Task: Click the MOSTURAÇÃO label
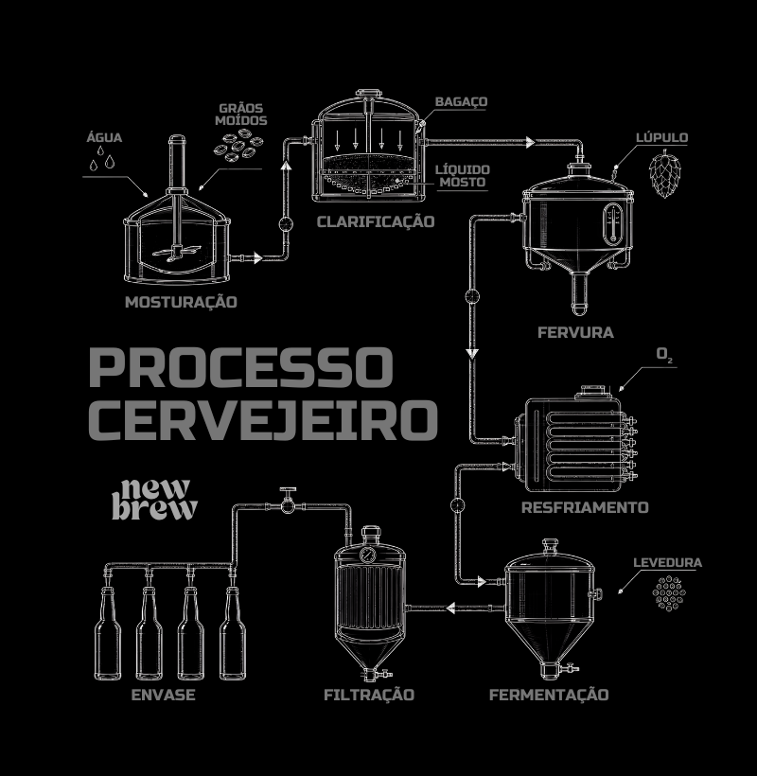[181, 303]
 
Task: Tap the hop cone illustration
[664, 173]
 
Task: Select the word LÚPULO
[662, 137]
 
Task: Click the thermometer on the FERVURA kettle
[613, 224]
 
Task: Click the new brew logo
[154, 500]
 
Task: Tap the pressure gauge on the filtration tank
[367, 555]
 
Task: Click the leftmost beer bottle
[108, 633]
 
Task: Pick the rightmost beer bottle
[233, 633]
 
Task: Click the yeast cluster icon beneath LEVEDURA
[669, 593]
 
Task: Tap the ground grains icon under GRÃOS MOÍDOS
[238, 145]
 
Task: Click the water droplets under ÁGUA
[102, 158]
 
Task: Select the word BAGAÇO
[461, 101]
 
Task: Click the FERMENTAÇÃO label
[549, 695]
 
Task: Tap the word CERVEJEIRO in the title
[263, 419]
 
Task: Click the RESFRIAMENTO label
[585, 507]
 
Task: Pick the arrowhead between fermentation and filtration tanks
[450, 608]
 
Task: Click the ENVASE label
[164, 695]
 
